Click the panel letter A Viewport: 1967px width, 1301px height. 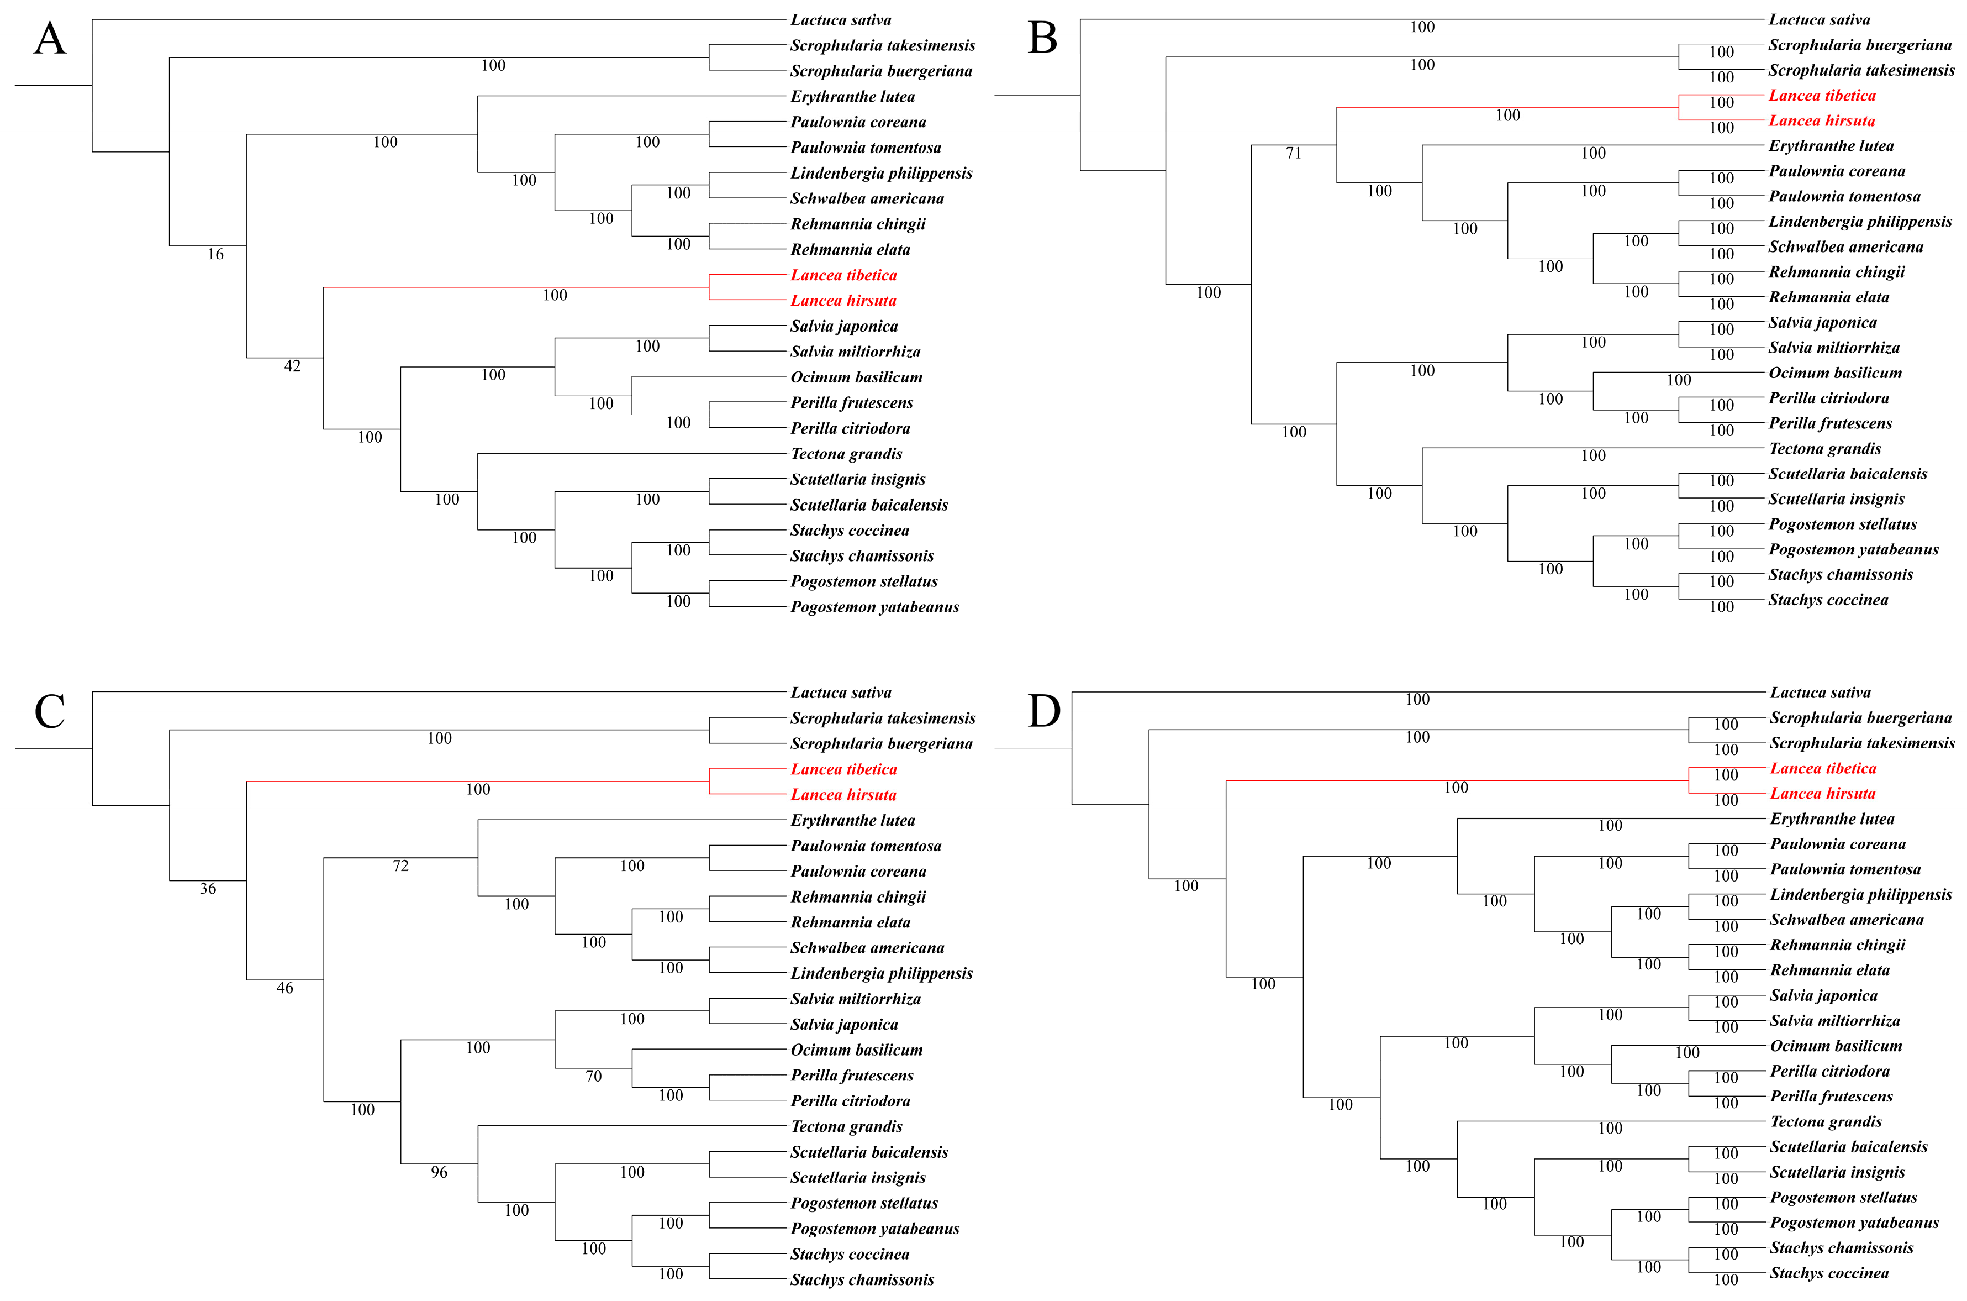click(x=50, y=39)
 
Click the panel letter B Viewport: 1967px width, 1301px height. click(x=1042, y=39)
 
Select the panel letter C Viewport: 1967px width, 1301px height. click(x=50, y=712)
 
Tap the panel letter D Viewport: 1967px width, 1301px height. click(x=1044, y=712)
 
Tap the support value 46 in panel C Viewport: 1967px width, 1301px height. click(x=284, y=988)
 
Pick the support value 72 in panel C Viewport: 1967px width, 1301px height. click(x=400, y=866)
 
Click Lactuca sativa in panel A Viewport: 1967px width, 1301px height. click(x=840, y=20)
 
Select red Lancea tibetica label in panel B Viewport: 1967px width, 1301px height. click(x=1821, y=96)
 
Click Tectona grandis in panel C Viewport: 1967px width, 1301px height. click(x=846, y=1127)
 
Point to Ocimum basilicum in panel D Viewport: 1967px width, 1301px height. click(x=1835, y=1046)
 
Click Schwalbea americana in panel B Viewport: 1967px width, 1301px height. click(x=1845, y=247)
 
